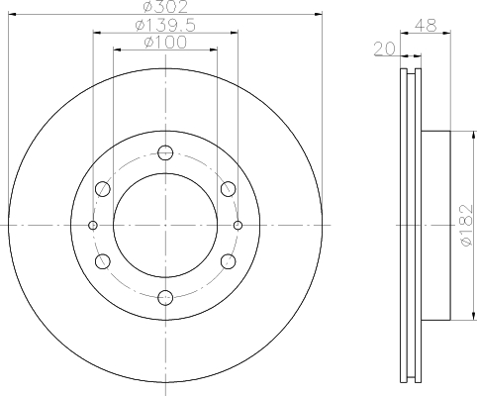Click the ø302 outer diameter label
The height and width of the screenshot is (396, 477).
(165, 7)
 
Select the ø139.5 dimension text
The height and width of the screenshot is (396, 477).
(165, 26)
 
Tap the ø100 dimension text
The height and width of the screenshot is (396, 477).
(165, 42)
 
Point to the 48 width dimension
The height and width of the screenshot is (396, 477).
(426, 25)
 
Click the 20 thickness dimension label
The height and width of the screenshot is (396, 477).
(385, 49)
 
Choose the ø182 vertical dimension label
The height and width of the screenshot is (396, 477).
(467, 226)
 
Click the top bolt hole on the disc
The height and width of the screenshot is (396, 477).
(165, 152)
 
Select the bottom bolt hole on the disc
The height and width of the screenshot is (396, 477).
(165, 298)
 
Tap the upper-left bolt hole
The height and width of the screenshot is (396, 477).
(103, 189)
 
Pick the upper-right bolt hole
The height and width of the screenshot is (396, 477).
(228, 189)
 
